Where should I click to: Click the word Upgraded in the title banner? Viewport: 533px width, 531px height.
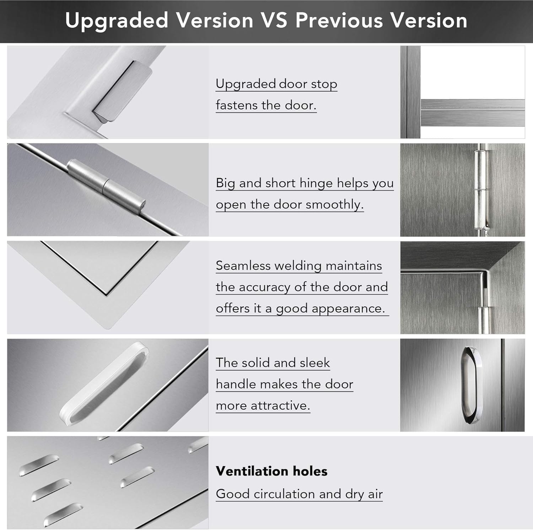tap(117, 21)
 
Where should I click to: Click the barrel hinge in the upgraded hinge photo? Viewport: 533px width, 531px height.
tap(107, 186)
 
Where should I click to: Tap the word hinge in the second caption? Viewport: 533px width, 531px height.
tap(316, 183)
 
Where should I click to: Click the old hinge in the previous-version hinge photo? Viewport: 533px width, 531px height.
tap(480, 190)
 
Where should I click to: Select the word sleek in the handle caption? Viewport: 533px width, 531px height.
tap(314, 363)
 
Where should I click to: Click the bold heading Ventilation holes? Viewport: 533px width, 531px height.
tap(271, 471)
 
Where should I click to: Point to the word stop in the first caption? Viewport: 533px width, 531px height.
tap(324, 84)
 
